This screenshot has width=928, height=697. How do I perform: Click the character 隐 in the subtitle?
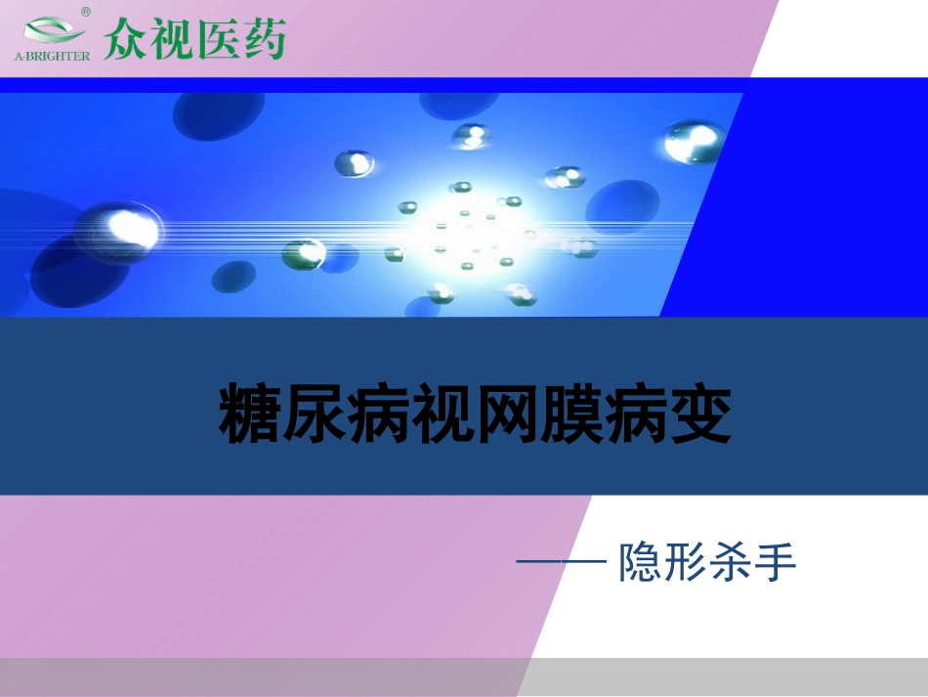[x=640, y=563]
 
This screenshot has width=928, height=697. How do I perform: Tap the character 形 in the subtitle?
[x=687, y=563]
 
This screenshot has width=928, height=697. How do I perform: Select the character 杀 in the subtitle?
[x=732, y=563]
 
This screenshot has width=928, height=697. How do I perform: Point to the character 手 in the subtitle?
[x=778, y=563]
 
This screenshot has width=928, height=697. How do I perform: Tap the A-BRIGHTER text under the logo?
[x=52, y=56]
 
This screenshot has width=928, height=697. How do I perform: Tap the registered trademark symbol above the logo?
[x=86, y=12]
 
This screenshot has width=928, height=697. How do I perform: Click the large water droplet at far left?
[x=122, y=231]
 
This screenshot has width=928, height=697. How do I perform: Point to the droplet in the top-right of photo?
[x=693, y=142]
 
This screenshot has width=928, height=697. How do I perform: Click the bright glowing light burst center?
[x=467, y=230]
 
